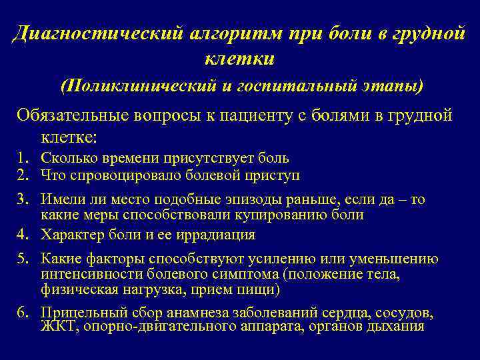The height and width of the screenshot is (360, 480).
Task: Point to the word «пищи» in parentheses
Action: point(261,290)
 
